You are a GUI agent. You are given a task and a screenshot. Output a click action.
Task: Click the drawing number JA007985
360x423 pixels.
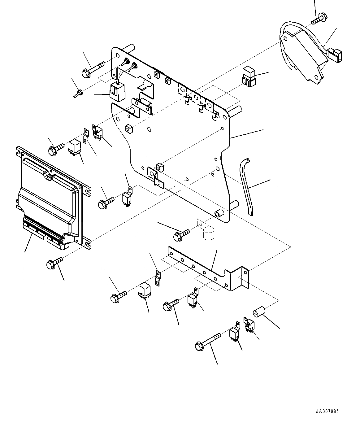coord(327,412)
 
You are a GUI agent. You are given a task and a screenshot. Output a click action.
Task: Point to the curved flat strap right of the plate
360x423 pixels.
coord(246,186)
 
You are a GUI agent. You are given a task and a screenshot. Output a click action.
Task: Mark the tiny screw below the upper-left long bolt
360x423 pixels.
coord(79,93)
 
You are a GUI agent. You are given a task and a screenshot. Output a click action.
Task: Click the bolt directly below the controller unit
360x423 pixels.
coord(54,263)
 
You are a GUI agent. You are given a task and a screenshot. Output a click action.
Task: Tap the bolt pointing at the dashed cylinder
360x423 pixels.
coord(181,235)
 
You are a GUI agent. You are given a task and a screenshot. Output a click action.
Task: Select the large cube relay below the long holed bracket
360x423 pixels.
coord(145,290)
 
